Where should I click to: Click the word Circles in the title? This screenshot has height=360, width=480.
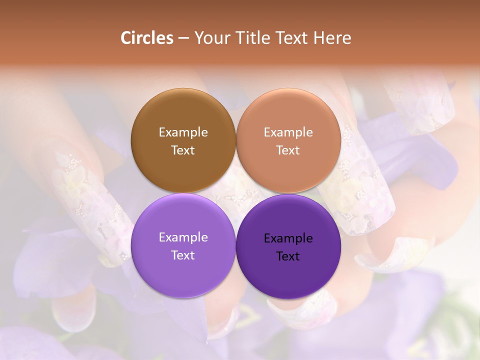pyautogui.click(x=147, y=38)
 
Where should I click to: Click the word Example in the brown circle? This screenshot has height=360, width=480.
pyautogui.click(x=183, y=132)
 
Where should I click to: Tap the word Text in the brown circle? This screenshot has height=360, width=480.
pyautogui.click(x=183, y=150)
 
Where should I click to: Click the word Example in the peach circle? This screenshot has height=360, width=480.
pyautogui.click(x=288, y=132)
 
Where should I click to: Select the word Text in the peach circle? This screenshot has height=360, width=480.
pyautogui.click(x=288, y=150)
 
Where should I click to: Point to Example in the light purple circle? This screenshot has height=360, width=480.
pyautogui.click(x=183, y=237)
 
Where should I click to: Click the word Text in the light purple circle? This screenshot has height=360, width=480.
pyautogui.click(x=183, y=255)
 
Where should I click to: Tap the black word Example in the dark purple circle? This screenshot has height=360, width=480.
pyautogui.click(x=288, y=238)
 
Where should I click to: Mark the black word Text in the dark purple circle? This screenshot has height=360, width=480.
pyautogui.click(x=288, y=256)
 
